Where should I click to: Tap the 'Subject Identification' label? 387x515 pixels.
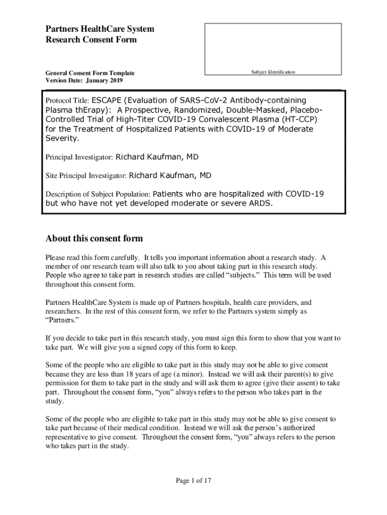(273, 72)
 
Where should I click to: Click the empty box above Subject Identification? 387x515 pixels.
(273, 45)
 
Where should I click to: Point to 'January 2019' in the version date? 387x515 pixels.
(104, 80)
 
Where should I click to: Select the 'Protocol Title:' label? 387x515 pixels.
(67, 101)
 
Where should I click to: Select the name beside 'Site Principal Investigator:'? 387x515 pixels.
(170, 176)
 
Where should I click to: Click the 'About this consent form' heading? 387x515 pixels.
(94, 238)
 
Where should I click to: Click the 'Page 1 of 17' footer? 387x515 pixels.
(193, 481)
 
